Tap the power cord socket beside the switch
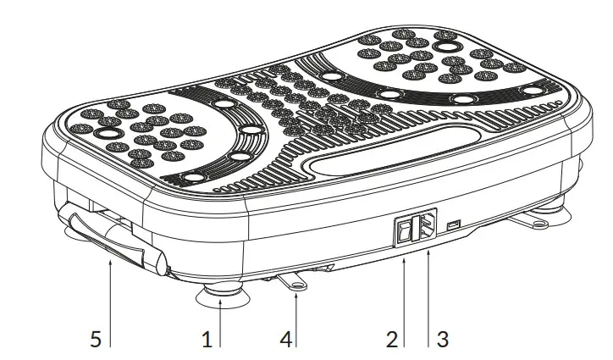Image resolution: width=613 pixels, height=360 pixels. click(424, 226)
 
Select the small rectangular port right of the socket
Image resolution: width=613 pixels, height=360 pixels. click(454, 225)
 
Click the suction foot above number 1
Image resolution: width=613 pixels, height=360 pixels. click(219, 296)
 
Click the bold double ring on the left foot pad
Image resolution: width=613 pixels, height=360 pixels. click(109, 135)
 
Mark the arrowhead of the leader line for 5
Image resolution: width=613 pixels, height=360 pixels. click(111, 263)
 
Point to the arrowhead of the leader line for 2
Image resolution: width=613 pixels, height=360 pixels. click(403, 261)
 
